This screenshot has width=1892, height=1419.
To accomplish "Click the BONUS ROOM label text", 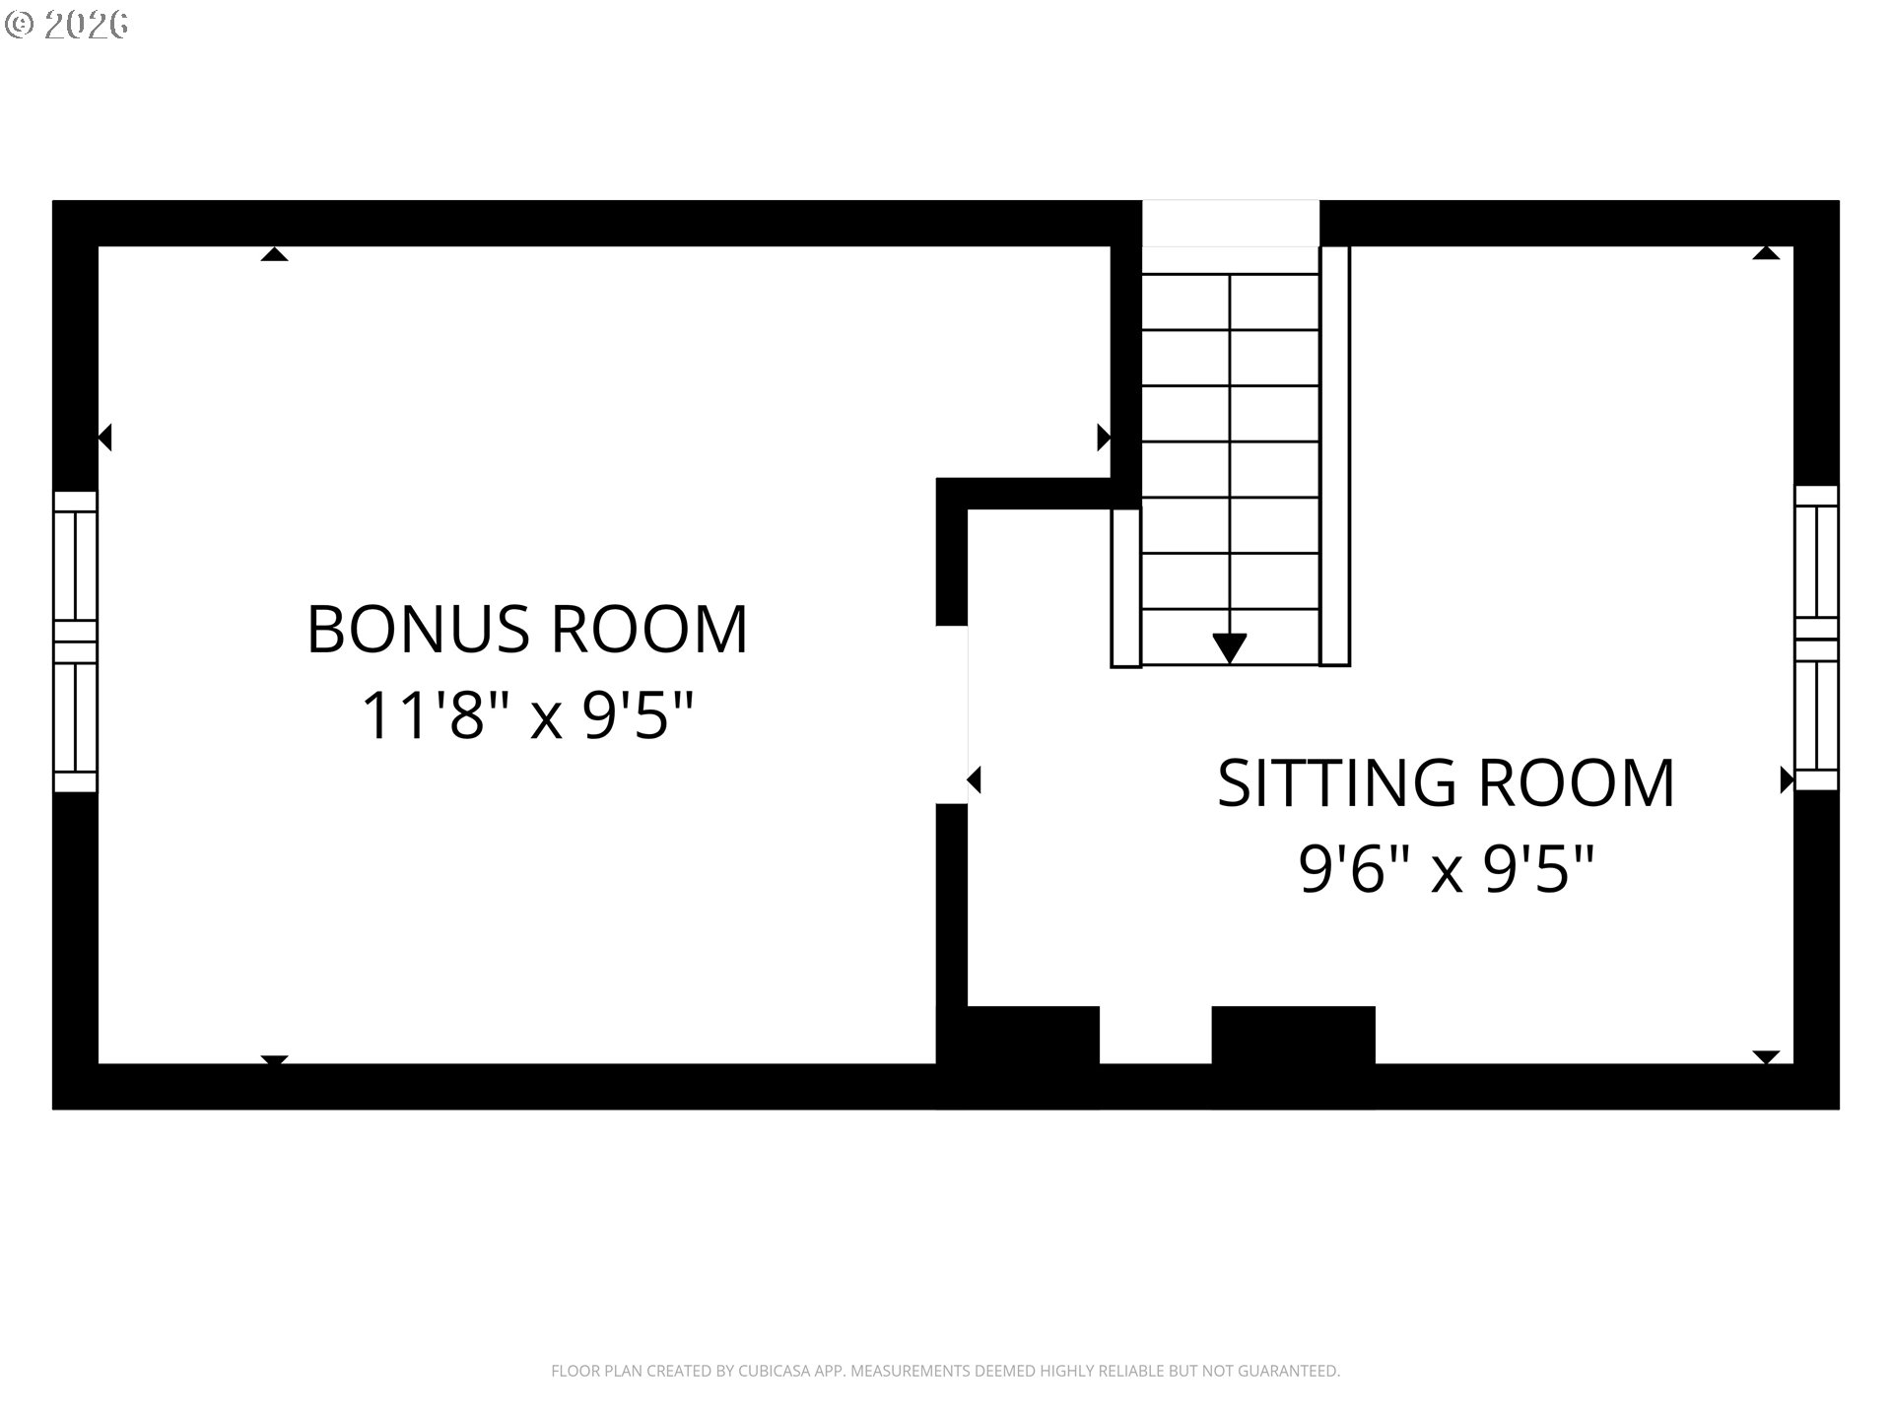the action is pyautogui.click(x=528, y=629).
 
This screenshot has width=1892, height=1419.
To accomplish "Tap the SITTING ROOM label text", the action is pyautogui.click(x=1446, y=783).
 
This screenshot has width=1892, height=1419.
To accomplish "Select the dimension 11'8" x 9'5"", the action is pyautogui.click(x=529, y=715).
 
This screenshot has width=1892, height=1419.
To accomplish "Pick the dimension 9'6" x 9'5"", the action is pyautogui.click(x=1446, y=869).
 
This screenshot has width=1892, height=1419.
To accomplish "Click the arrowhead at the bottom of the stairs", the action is pyautogui.click(x=1230, y=648).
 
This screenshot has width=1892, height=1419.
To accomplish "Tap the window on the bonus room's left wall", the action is pyautogui.click(x=75, y=642).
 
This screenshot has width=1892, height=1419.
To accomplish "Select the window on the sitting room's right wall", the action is pyautogui.click(x=1816, y=638).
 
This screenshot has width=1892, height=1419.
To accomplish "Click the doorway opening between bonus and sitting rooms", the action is pyautogui.click(x=952, y=714).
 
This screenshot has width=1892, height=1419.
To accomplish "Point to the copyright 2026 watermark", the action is pyautogui.click(x=66, y=24).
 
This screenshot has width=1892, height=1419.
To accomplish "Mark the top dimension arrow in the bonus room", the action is pyautogui.click(x=274, y=254).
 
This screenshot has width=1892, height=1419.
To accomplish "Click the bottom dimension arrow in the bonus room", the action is pyautogui.click(x=274, y=1059).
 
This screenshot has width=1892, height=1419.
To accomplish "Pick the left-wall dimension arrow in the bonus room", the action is pyautogui.click(x=104, y=437).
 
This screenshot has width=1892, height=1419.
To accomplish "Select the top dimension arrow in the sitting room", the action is pyautogui.click(x=1766, y=253).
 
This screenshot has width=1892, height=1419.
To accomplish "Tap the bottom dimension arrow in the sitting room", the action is pyautogui.click(x=1766, y=1057).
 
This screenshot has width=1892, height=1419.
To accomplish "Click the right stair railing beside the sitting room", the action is pyautogui.click(x=1334, y=456).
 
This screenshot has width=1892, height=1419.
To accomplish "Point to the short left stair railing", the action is pyautogui.click(x=1126, y=587).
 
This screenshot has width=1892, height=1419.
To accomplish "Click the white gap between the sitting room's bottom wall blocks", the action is pyautogui.click(x=1155, y=1035).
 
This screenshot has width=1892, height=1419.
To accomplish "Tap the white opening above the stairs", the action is pyautogui.click(x=1230, y=224).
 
